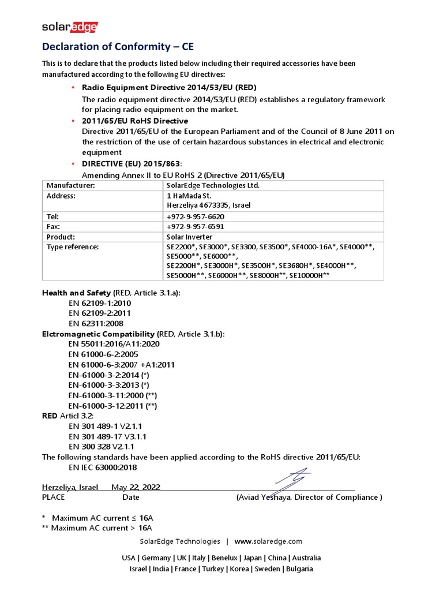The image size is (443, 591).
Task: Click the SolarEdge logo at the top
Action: click(70, 27)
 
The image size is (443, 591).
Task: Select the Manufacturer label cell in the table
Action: click(70, 185)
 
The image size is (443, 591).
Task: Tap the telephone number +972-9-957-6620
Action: click(196, 216)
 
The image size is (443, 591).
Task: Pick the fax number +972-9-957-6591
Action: click(196, 226)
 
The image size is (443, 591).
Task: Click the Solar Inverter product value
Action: click(189, 237)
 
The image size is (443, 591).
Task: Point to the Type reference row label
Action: click(73, 247)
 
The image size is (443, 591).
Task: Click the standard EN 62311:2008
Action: click(96, 323)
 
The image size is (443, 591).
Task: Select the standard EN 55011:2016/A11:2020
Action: click(114, 344)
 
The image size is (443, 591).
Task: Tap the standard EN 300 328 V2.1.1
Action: click(102, 446)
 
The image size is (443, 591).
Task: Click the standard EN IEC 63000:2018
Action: click(103, 467)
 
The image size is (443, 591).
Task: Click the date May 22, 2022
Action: click(136, 487)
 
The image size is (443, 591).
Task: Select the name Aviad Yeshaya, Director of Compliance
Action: click(309, 497)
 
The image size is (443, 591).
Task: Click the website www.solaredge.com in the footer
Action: click(268, 541)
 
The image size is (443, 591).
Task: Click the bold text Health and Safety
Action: click(77, 293)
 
